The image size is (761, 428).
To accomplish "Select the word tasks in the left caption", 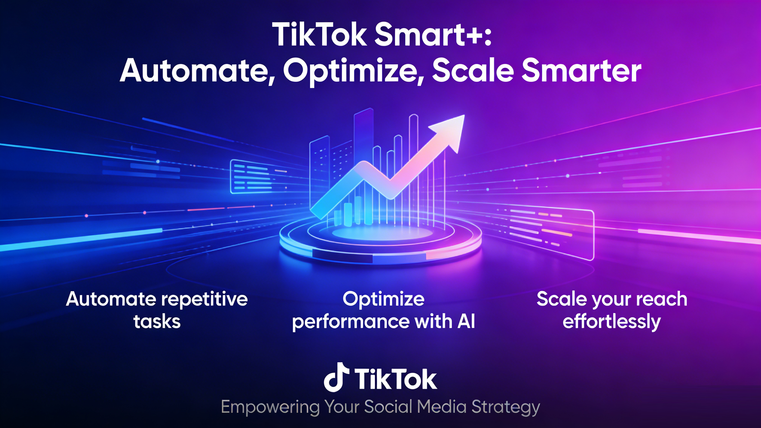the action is [157, 321].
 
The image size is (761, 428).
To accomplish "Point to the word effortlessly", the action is [612, 322].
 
